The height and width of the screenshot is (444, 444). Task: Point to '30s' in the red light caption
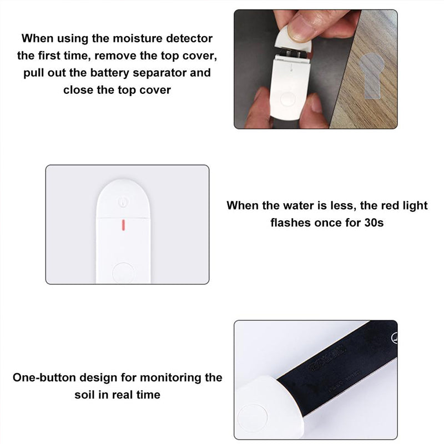click(374, 223)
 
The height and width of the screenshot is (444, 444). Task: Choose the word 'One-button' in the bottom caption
click(44, 378)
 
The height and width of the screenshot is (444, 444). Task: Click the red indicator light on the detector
click(123, 225)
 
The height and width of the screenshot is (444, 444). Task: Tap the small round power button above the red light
click(123, 201)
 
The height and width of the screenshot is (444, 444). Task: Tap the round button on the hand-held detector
click(287, 100)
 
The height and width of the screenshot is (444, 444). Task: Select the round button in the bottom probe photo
click(253, 418)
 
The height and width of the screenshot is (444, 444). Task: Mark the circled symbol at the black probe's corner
click(395, 338)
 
